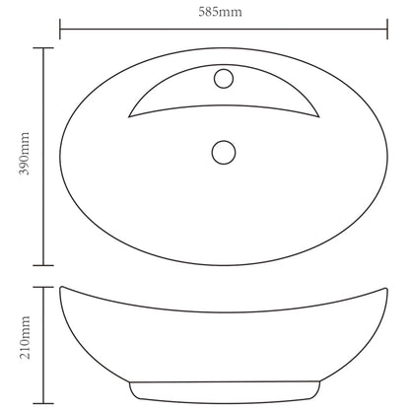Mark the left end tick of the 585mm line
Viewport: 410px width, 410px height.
pos(60,29)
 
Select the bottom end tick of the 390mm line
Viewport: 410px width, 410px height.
pos(41,264)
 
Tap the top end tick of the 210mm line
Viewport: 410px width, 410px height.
pos(41,287)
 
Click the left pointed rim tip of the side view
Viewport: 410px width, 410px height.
pos(61,288)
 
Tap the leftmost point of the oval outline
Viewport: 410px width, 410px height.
pos(61,156)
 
